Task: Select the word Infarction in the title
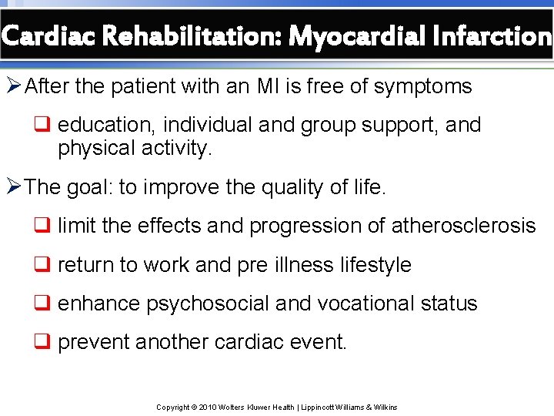(x=489, y=35)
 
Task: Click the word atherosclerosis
(x=463, y=226)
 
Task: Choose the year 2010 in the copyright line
(x=208, y=408)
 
